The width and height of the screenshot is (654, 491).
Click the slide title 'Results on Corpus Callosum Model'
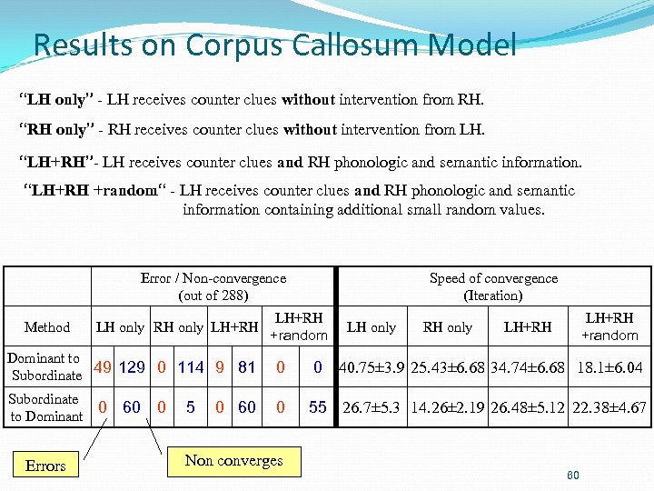click(x=274, y=44)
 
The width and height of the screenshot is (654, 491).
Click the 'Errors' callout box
click(x=45, y=466)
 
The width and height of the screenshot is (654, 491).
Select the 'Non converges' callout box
click(x=233, y=460)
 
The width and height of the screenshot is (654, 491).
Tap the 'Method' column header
click(x=47, y=326)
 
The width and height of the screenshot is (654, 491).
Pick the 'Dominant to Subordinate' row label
click(x=45, y=366)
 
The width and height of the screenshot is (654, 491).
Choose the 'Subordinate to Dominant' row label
click(x=45, y=407)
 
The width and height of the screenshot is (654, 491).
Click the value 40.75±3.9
click(x=372, y=368)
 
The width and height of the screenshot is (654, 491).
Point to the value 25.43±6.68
click(x=447, y=368)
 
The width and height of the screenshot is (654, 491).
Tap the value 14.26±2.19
click(x=447, y=407)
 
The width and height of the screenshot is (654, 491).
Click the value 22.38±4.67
click(x=609, y=407)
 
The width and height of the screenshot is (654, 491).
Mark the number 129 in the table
click(x=133, y=367)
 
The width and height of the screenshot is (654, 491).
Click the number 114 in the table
click(x=191, y=367)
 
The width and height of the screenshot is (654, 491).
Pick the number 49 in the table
click(x=103, y=367)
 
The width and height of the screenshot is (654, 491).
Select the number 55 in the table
click(x=317, y=407)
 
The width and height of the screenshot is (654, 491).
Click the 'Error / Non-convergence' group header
click(x=213, y=286)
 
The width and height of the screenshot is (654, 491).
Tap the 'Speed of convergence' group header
click(x=493, y=286)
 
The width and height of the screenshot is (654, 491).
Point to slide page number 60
click(x=572, y=476)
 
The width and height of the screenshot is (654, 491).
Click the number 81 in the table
click(x=246, y=367)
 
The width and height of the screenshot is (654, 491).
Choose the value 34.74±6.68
click(x=528, y=368)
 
